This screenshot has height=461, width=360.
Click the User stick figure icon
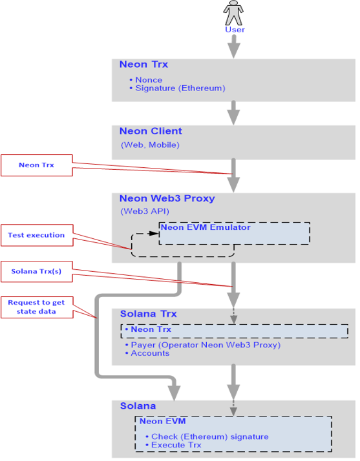tap(233, 13)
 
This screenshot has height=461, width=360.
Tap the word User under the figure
tap(235, 30)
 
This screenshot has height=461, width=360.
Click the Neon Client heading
tap(151, 131)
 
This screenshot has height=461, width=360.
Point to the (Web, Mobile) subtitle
tap(150, 145)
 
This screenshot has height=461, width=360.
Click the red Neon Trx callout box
tap(36, 165)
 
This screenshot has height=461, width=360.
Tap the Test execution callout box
tap(37, 235)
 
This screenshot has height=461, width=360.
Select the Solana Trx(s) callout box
tap(36, 271)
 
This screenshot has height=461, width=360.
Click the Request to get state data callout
tap(37, 307)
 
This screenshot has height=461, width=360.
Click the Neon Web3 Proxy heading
tap(167, 198)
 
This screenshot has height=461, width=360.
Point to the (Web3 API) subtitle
tap(145, 211)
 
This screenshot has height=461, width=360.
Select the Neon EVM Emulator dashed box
tap(235, 234)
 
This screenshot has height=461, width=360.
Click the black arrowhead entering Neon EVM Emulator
tap(154, 234)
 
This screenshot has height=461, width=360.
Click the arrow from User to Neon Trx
tap(234, 46)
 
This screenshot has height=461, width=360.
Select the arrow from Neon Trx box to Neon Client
tap(234, 112)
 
